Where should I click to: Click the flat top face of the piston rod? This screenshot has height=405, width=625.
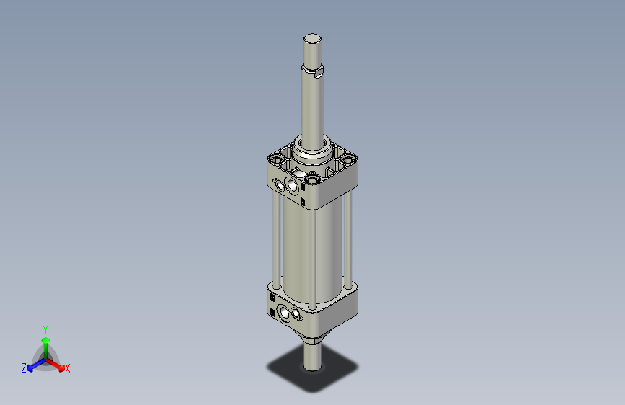click(312, 38)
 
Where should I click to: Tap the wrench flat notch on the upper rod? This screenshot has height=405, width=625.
click(319, 72)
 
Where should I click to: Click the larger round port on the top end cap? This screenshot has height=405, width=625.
click(293, 187)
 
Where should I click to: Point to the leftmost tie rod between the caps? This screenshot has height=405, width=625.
click(275, 238)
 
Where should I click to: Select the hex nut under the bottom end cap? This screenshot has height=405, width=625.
click(312, 339)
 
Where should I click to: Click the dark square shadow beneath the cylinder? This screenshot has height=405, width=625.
click(339, 371)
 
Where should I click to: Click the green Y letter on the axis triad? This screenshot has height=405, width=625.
click(45, 328)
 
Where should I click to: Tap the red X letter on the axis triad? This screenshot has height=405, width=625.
click(68, 369)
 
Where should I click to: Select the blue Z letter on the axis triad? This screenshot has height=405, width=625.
click(23, 368)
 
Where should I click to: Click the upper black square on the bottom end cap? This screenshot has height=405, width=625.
click(271, 298)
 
